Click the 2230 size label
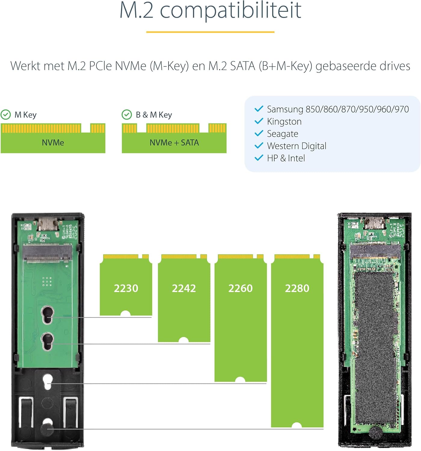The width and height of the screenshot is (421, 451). tap(126, 288)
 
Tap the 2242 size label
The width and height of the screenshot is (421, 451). tap(184, 288)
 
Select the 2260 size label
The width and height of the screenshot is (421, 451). tap(240, 288)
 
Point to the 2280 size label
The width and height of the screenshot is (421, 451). tap(297, 288)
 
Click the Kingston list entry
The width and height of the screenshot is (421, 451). tap(284, 121)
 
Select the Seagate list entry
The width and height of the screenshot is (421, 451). tap(282, 134)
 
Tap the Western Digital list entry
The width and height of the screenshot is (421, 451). tap(297, 146)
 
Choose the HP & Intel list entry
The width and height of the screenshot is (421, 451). tap(286, 158)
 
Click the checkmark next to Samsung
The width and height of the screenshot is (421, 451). tap(259, 109)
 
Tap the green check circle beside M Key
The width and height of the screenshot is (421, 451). tap(6, 115)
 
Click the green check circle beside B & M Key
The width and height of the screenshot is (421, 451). tap(127, 115)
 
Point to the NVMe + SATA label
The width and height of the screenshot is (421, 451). tap(174, 143)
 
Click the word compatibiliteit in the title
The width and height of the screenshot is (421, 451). tap(230, 11)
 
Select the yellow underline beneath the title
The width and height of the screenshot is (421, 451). tap(210, 32)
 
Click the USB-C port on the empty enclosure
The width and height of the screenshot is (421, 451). tap(48, 224)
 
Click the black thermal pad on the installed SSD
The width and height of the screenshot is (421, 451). tap(376, 346)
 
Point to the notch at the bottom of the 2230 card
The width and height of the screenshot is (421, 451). tap(125, 314)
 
